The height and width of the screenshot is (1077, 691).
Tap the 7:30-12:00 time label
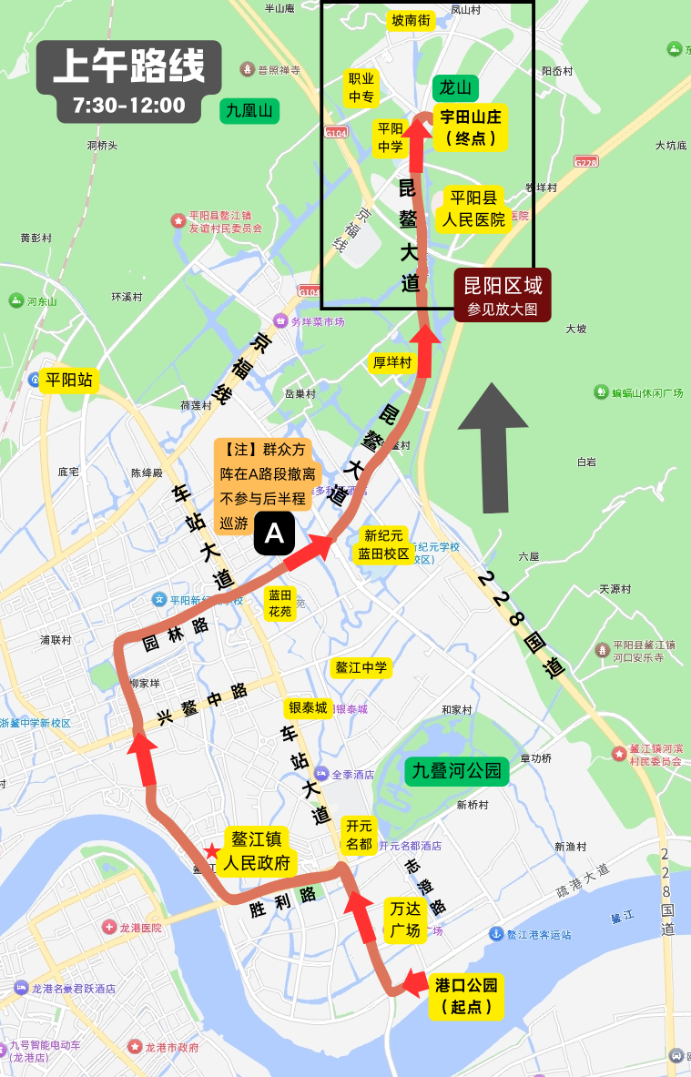tap(129, 106)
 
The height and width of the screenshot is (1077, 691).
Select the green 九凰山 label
tap(249, 111)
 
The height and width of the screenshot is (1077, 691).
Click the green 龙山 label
tap(454, 87)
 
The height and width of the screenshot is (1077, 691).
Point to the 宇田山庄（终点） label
tap(471, 127)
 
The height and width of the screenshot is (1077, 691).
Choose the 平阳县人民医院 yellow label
tap(473, 209)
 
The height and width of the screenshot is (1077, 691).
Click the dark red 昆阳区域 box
tap(503, 295)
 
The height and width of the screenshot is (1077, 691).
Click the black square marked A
tap(274, 534)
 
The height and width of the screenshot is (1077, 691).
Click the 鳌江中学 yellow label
tap(361, 667)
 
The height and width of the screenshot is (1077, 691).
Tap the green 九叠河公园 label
tap(457, 770)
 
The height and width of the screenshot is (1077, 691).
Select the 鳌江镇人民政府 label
tap(256, 851)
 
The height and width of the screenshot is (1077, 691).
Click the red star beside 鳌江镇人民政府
tap(211, 851)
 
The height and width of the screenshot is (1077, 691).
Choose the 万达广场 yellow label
tap(405, 919)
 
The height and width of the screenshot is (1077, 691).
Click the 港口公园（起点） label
tap(466, 995)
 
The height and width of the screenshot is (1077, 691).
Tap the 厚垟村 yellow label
tap(392, 362)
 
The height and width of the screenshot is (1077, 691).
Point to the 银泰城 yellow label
tap(308, 709)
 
